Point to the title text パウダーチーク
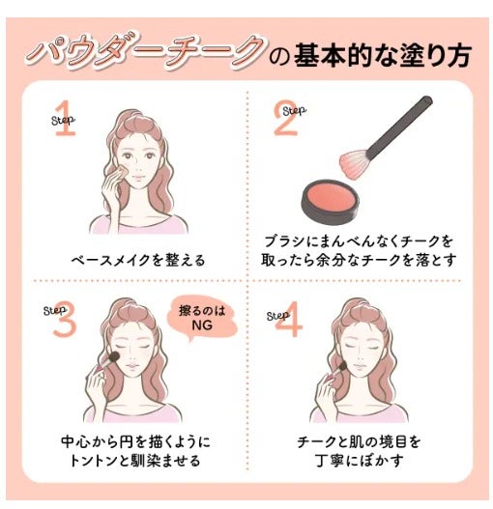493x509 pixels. point(145,53)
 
